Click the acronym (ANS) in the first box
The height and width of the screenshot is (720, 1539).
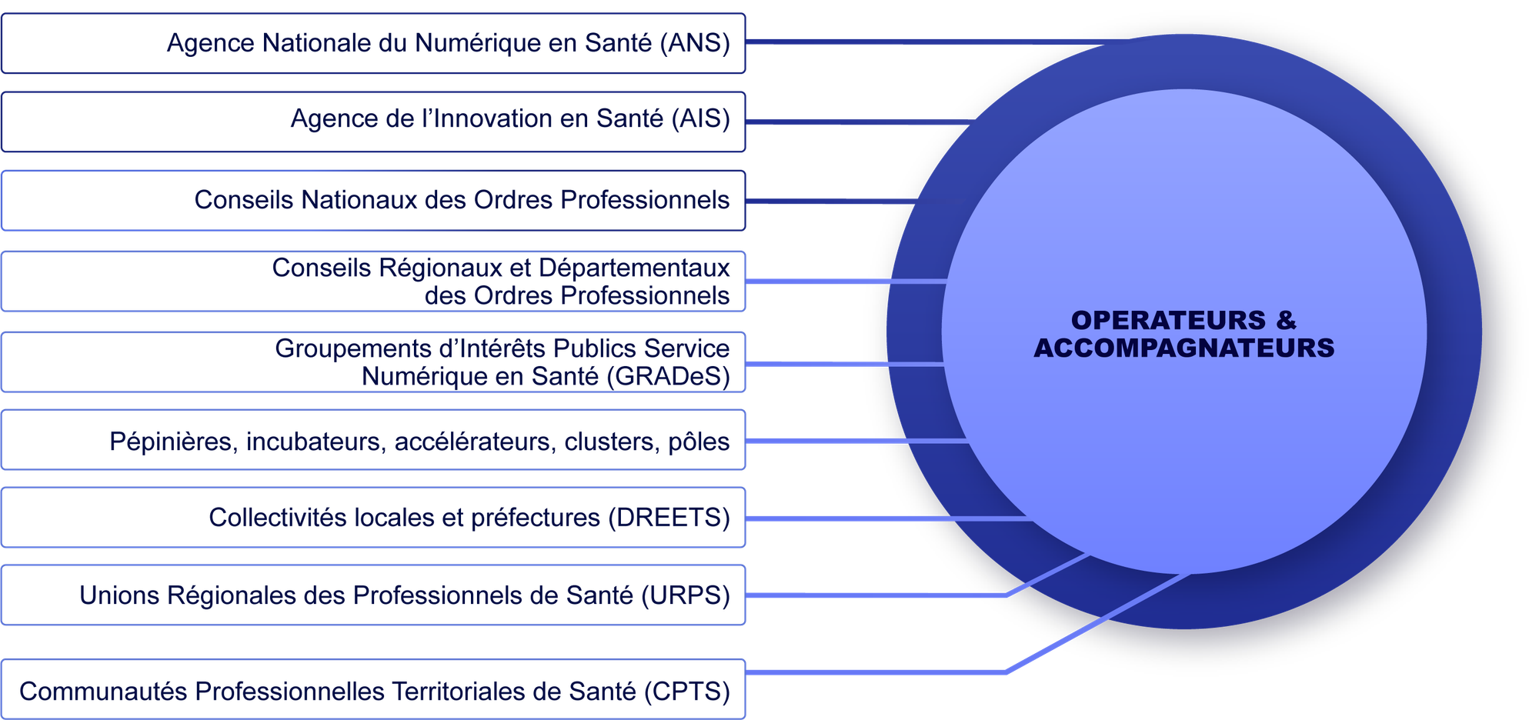(x=695, y=43)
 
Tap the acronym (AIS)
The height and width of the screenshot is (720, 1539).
(x=700, y=119)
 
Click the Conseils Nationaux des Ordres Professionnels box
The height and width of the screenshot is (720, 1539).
(x=373, y=200)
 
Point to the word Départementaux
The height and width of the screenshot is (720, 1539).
(x=634, y=268)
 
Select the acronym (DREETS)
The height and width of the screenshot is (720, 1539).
(x=669, y=518)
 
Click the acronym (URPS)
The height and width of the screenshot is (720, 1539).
(x=686, y=595)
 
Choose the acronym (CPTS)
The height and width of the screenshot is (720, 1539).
(x=686, y=692)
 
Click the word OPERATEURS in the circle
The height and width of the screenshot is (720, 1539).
(x=1168, y=320)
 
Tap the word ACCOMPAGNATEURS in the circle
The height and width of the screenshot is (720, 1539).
(x=1183, y=348)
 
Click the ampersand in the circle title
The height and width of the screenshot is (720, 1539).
(x=1286, y=320)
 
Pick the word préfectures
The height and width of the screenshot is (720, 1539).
(x=536, y=518)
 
